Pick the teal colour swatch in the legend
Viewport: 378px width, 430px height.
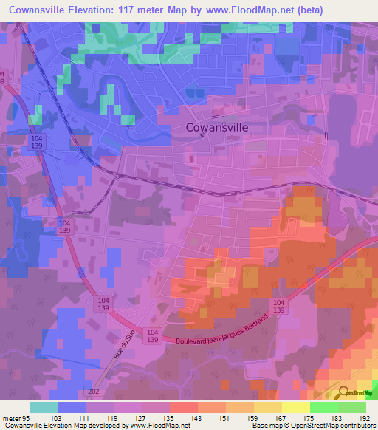pyautogui.click(x=44, y=407)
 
